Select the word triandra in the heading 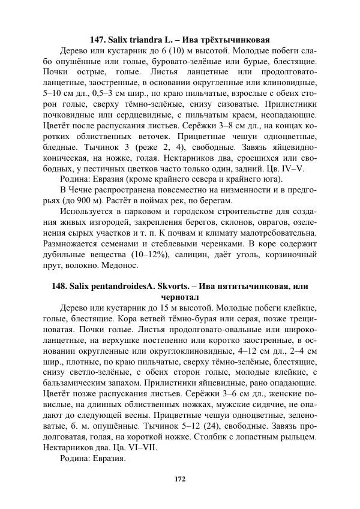[141, 40]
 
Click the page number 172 [180, 478]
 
